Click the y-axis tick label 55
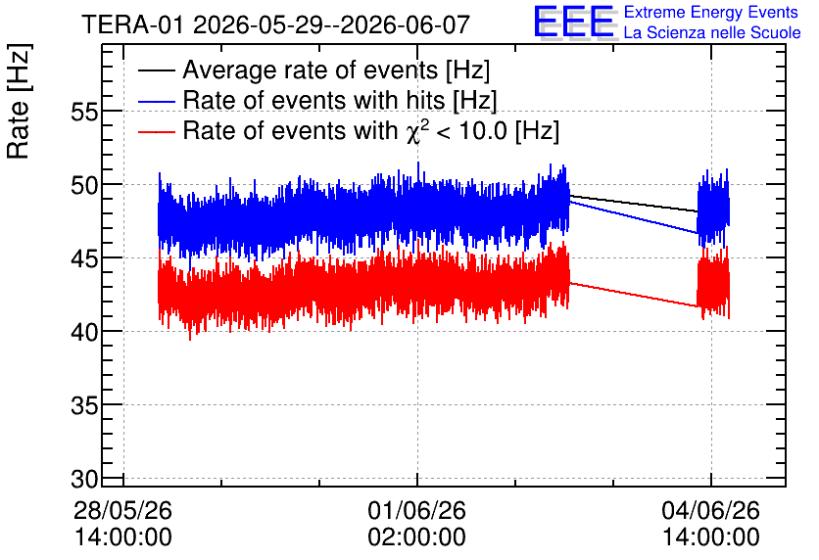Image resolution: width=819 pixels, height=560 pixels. coord(84,113)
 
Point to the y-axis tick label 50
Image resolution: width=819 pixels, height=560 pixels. coord(84,186)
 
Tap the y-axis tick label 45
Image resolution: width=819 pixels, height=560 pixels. coord(84,259)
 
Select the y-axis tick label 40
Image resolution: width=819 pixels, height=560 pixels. coord(84,333)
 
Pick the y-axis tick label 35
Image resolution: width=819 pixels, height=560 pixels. coord(84,406)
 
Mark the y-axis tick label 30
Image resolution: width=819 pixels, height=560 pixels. coord(84,479)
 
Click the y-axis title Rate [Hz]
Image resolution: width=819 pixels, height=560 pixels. coord(19,102)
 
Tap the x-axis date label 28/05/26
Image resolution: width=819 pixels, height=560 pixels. coord(122,510)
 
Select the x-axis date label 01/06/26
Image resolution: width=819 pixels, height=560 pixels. coord(416,510)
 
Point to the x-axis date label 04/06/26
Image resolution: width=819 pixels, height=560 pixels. coord(711,510)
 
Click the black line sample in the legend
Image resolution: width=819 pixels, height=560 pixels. coord(156,70)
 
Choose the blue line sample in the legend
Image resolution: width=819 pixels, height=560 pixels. coord(156,101)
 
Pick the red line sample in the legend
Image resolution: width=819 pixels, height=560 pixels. coord(156,131)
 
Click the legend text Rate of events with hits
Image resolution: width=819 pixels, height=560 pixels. coord(313,100)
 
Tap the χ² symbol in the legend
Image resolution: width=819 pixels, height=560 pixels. coord(417,131)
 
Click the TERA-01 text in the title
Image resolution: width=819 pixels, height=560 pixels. coord(132,25)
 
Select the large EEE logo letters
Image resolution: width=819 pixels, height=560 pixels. coord(574,23)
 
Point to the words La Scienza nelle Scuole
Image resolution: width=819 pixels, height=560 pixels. coord(712,33)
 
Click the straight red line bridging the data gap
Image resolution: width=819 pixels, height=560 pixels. coord(633,295)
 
